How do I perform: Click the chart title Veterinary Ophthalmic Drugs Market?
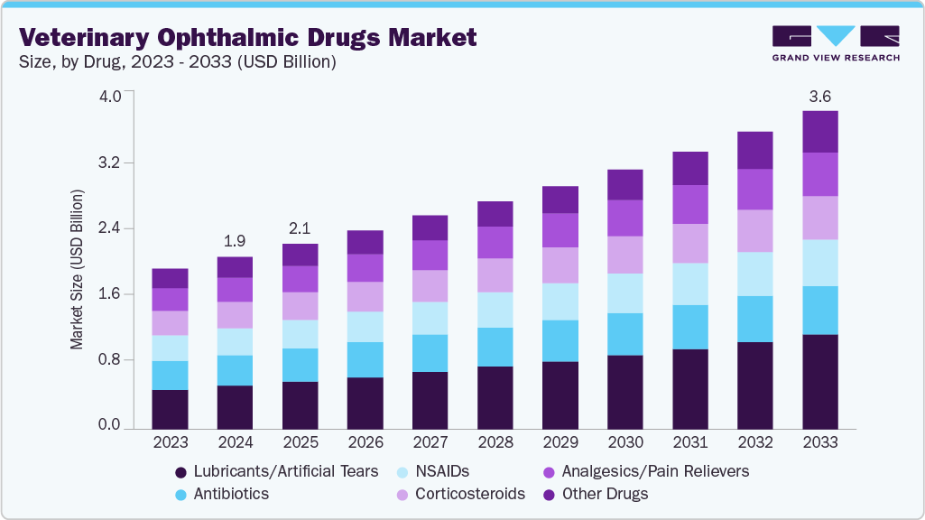[x=248, y=38]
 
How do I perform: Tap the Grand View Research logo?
[x=836, y=43]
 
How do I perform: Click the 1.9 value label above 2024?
[x=236, y=241]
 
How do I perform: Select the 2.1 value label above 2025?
[x=301, y=227]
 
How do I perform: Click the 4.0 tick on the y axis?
[x=110, y=97]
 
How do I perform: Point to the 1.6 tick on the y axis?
[x=110, y=294]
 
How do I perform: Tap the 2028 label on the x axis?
[x=495, y=442]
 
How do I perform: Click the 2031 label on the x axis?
[x=690, y=442]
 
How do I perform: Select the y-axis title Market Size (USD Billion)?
[x=78, y=270]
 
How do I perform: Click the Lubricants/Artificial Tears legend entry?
[x=284, y=471]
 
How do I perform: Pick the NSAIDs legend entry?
[x=441, y=471]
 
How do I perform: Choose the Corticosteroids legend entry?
[x=469, y=494]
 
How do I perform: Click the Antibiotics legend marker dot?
[x=181, y=495]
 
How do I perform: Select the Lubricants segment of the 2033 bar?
[x=820, y=380]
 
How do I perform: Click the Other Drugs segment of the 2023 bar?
[x=171, y=278]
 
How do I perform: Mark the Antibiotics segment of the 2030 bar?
[x=625, y=334]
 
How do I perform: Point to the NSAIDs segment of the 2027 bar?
[x=430, y=318]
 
